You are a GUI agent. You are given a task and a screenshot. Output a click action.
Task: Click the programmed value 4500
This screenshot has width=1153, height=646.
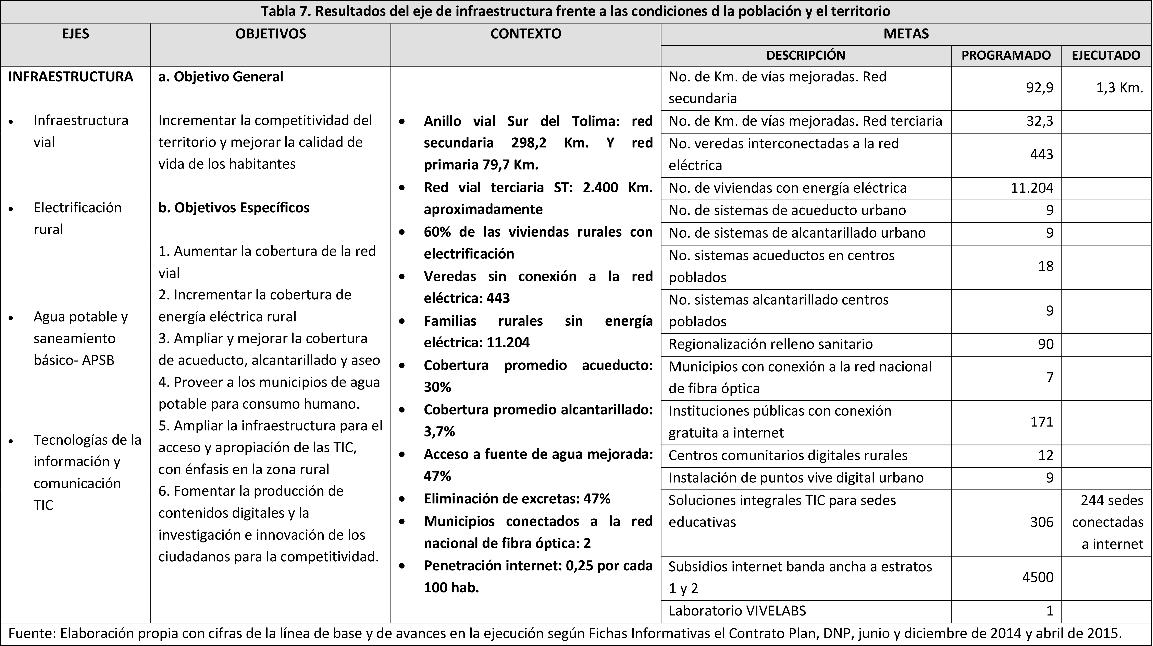point(1038,577)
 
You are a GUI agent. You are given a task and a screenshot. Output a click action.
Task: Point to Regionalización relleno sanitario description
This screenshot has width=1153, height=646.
point(770,344)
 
